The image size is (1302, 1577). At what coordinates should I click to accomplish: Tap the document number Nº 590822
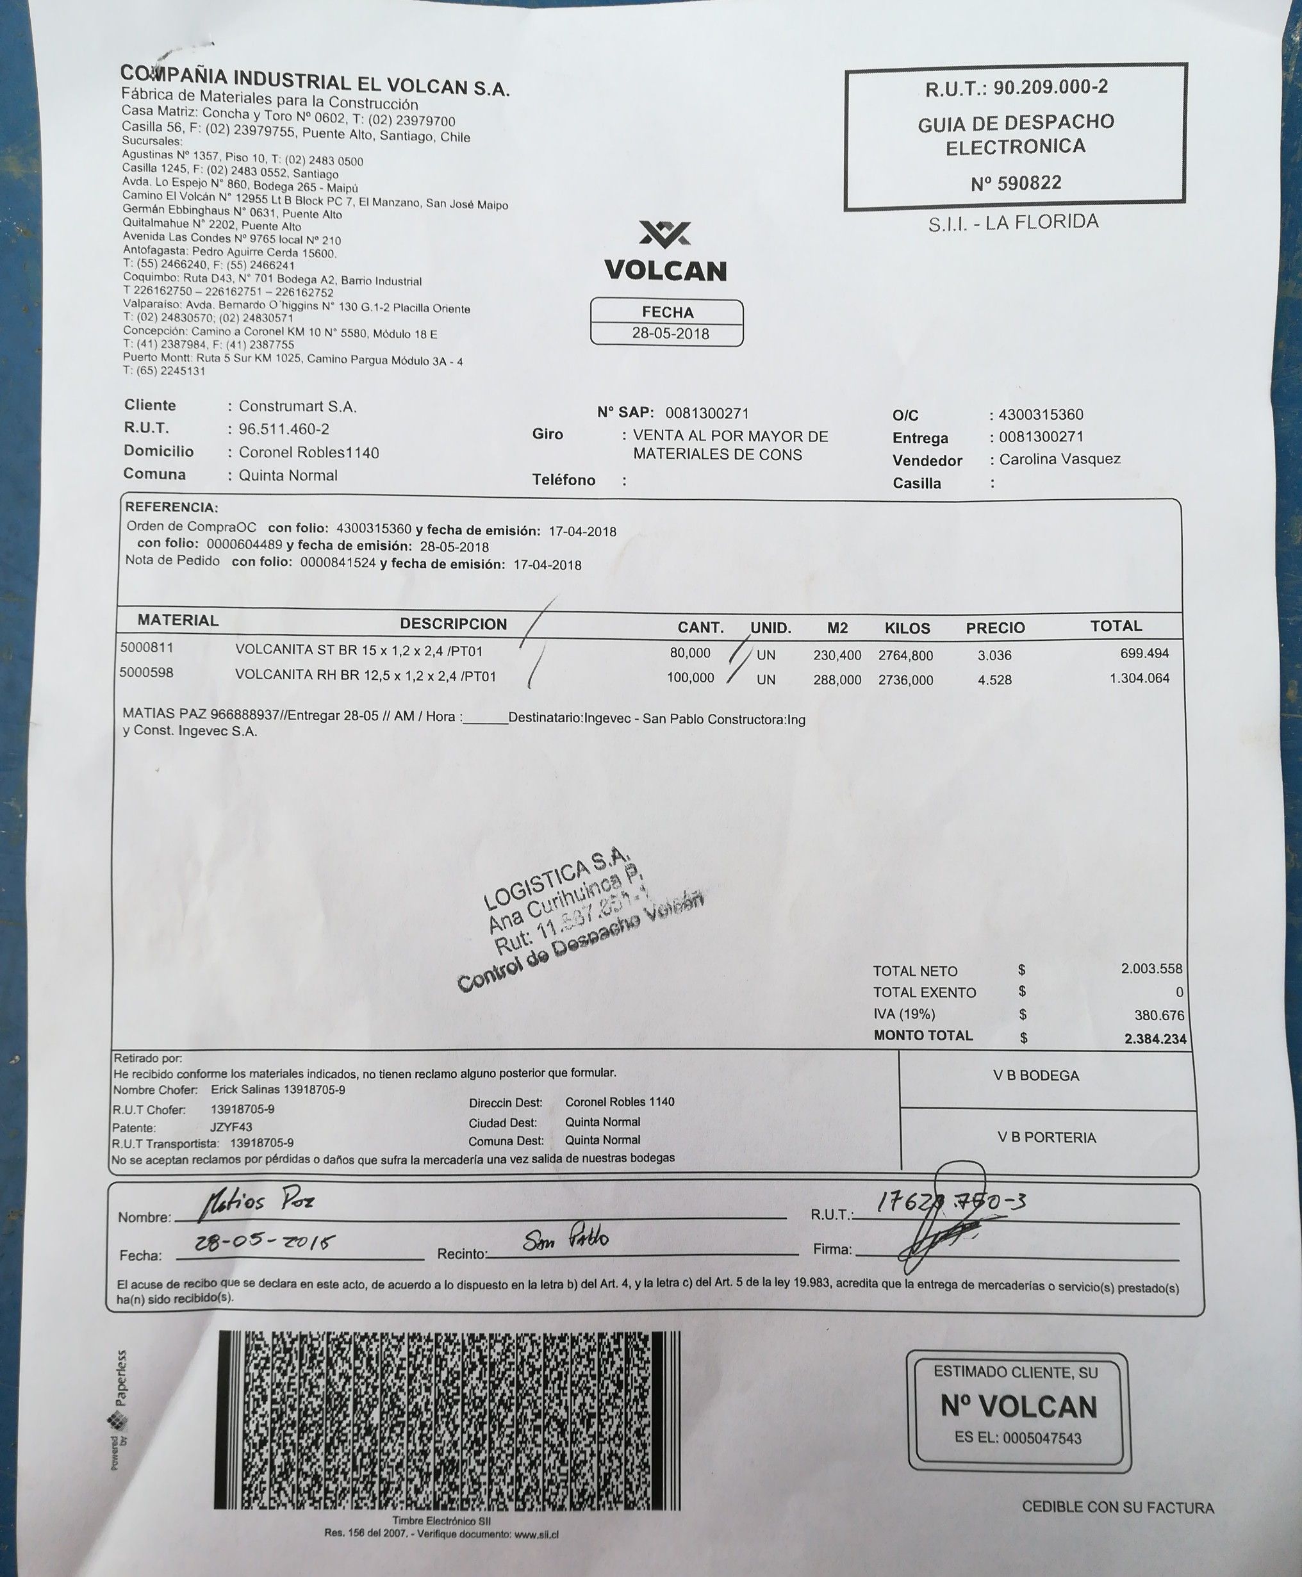coord(1016,183)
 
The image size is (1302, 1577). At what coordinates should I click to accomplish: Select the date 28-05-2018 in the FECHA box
coord(670,334)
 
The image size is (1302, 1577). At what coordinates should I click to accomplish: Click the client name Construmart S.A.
coord(297,406)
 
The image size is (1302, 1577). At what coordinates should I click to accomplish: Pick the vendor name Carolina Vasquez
coord(1059,459)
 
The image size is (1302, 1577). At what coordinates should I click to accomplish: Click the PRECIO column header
coord(994,627)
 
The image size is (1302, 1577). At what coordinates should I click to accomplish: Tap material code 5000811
coord(146,647)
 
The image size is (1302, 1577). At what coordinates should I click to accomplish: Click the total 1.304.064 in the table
coord(1139,678)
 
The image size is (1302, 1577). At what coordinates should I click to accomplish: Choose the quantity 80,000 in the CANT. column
coord(690,653)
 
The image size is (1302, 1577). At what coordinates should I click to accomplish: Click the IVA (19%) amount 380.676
coord(1158,1015)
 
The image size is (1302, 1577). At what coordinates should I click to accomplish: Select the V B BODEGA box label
coord(1035,1075)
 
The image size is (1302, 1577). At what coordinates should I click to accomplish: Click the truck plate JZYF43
coord(231,1127)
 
